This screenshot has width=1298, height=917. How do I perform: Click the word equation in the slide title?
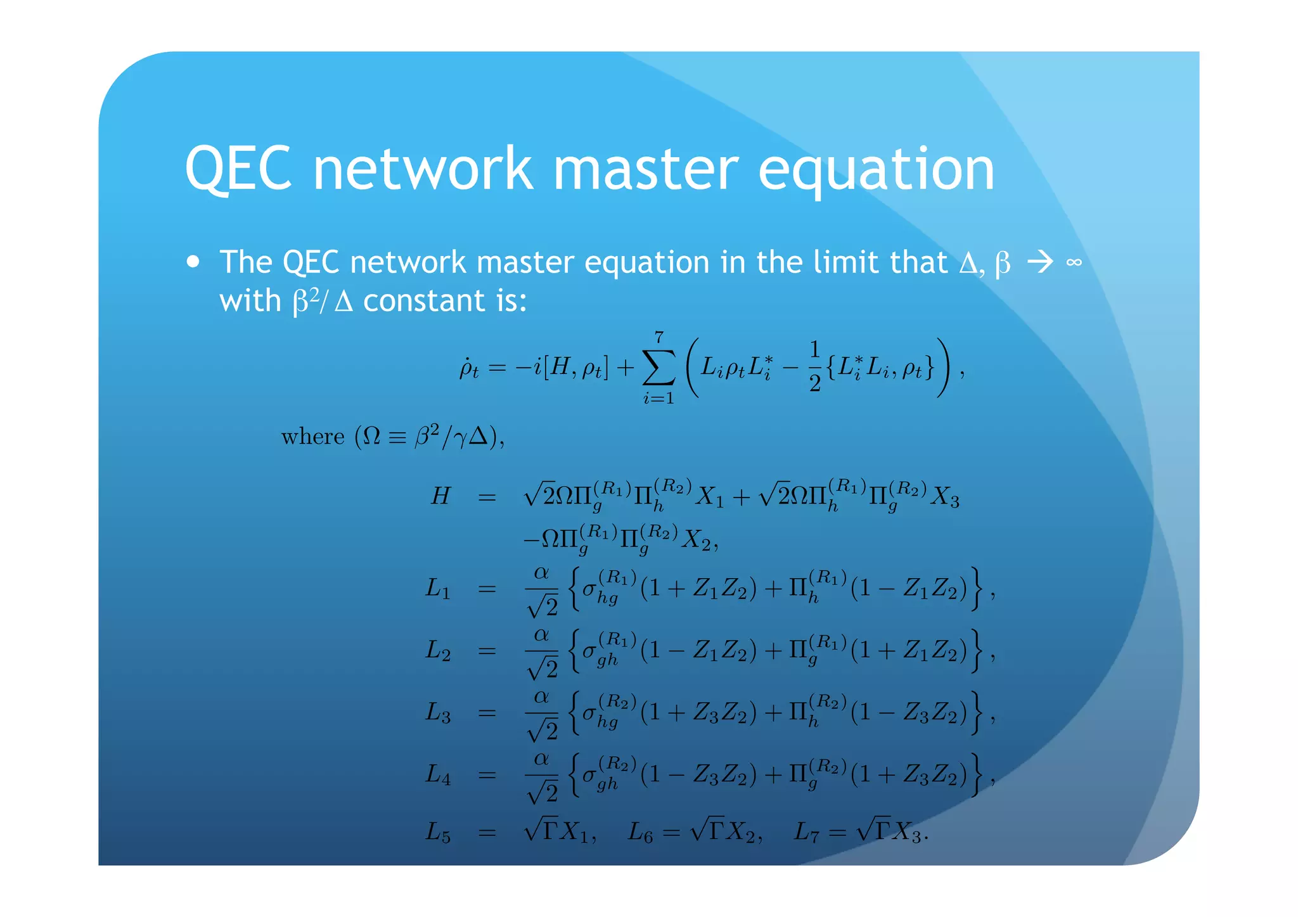(x=876, y=171)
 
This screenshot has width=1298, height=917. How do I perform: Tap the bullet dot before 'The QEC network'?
(x=194, y=262)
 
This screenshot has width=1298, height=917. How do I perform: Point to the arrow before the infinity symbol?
(x=1039, y=262)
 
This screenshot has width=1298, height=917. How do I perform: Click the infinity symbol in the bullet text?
(x=1074, y=262)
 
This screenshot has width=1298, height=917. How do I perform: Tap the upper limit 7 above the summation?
(x=659, y=337)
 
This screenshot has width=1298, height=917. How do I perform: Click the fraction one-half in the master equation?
(x=814, y=367)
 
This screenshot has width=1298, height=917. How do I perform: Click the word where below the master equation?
(x=312, y=437)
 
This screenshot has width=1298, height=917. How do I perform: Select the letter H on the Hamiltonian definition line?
(x=440, y=496)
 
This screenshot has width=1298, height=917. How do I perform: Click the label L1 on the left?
(x=438, y=589)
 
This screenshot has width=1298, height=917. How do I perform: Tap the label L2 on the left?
(x=438, y=650)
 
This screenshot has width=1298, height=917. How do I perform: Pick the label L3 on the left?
(x=438, y=713)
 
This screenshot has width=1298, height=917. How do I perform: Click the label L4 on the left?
(x=438, y=774)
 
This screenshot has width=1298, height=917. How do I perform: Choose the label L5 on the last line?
(x=438, y=831)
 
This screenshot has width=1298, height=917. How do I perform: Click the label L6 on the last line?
(x=640, y=831)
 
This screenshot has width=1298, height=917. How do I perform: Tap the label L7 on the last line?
(x=807, y=831)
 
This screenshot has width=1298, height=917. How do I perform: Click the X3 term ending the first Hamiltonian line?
(x=944, y=497)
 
